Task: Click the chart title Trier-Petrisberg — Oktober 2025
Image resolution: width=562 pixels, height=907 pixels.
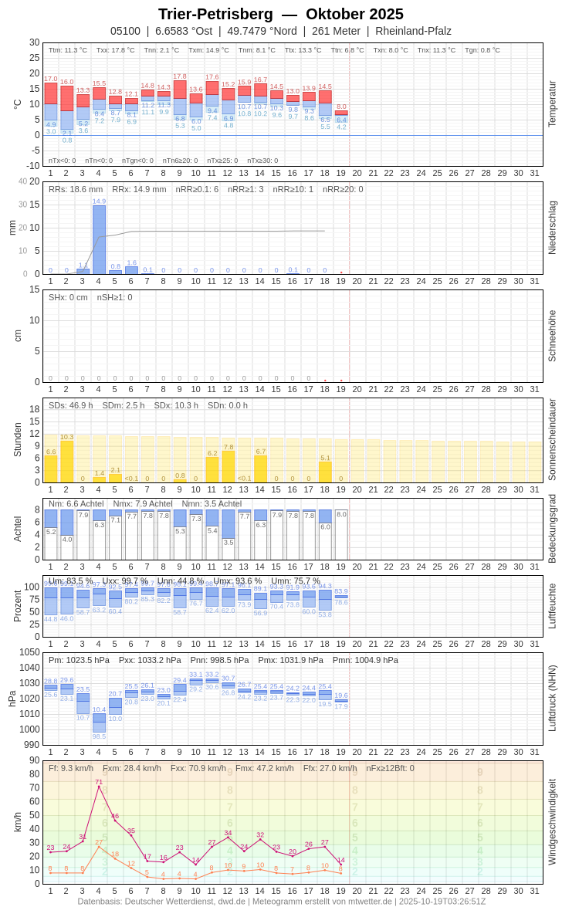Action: (x=281, y=14)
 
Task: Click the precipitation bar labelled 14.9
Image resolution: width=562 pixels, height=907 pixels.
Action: (x=99, y=239)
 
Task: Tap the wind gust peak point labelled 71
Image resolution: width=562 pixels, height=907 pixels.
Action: (x=99, y=787)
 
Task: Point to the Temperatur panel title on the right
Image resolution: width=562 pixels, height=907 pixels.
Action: (x=552, y=104)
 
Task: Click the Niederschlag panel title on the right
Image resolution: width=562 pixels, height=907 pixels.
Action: (x=552, y=228)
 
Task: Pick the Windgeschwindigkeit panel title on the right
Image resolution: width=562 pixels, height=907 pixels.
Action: (x=552, y=821)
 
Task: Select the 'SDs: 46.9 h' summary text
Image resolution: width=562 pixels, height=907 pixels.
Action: (x=70, y=405)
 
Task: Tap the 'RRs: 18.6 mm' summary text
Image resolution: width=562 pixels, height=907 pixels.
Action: (x=76, y=189)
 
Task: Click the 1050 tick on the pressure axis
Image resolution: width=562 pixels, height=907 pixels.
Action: (x=29, y=652)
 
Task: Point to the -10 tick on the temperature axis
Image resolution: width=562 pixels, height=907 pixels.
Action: (x=32, y=165)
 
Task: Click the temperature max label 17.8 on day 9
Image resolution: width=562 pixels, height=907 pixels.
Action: (x=180, y=76)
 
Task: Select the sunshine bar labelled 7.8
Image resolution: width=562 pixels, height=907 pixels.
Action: (x=229, y=466)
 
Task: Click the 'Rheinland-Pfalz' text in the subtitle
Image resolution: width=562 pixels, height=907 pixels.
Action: (x=413, y=31)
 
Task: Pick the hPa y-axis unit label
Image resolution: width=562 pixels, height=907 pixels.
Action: (x=12, y=699)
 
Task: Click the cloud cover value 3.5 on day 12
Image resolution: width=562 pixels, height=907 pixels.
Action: (x=229, y=543)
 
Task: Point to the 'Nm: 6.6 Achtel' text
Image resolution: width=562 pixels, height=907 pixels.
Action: (x=76, y=503)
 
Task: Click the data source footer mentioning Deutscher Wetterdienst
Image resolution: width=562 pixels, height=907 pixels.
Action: (x=281, y=901)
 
